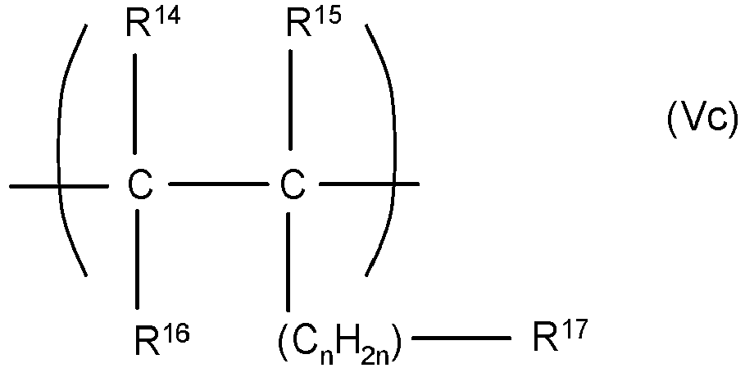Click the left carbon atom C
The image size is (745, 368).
point(139,187)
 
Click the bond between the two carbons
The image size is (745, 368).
point(215,186)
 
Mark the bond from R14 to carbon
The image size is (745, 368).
point(139,110)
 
